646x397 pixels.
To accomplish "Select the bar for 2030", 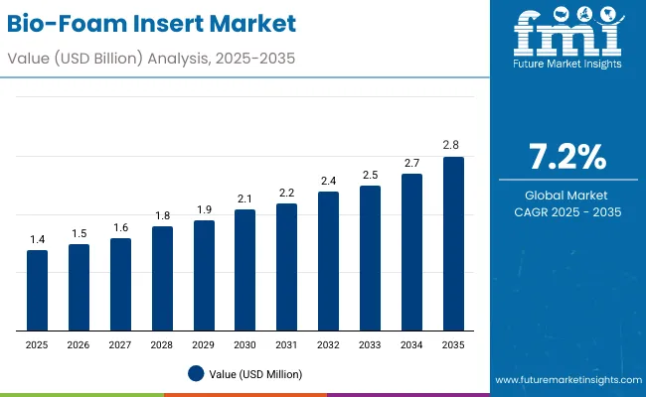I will [x=245, y=270].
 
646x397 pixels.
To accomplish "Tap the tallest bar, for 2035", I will [x=453, y=243].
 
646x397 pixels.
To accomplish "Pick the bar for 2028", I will [x=162, y=278].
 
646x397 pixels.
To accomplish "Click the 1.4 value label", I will [x=37, y=239].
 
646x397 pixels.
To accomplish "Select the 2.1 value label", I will [x=245, y=198].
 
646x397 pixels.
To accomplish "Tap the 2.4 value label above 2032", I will [x=328, y=181].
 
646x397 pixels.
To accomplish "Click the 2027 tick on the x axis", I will [x=120, y=344].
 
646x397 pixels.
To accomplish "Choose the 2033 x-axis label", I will [x=370, y=344].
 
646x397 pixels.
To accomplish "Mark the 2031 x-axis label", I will [x=286, y=344].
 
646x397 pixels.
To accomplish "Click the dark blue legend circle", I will [x=196, y=373].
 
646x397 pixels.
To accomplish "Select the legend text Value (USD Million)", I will [x=255, y=374].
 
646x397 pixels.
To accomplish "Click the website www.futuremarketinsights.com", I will [x=565, y=380].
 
